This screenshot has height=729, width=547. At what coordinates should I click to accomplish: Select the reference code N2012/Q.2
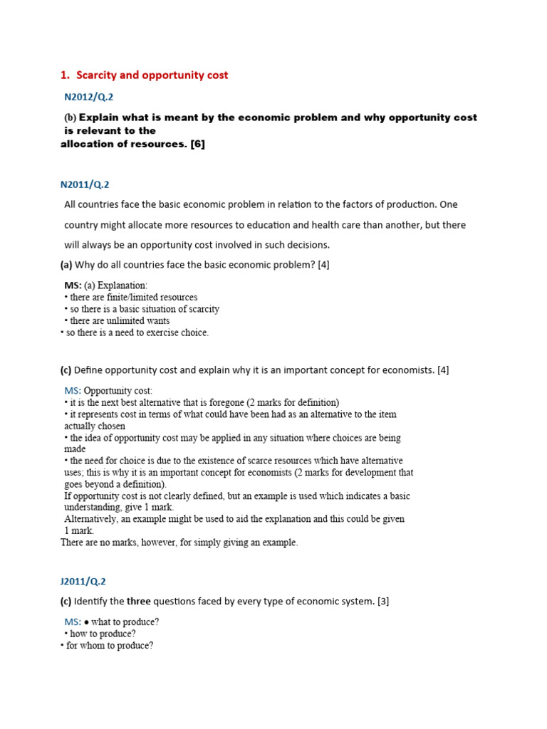coord(89,97)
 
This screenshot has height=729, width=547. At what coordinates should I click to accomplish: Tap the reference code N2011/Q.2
coord(85,184)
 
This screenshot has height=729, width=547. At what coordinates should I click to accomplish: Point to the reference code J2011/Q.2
coord(83,582)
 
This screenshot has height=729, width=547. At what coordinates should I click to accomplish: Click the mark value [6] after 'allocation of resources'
coord(197,145)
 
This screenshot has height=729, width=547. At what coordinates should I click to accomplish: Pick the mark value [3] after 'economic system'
coord(382,602)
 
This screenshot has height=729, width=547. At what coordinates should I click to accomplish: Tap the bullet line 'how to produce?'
coord(103,634)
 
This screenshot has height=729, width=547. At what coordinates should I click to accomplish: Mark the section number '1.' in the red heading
coord(65,75)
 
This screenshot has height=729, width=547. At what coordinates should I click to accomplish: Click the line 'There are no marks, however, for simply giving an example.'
coord(179,542)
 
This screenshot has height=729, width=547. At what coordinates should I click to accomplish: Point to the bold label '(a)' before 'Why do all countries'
coord(66,265)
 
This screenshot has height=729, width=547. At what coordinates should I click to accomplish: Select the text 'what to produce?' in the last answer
coord(125,622)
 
